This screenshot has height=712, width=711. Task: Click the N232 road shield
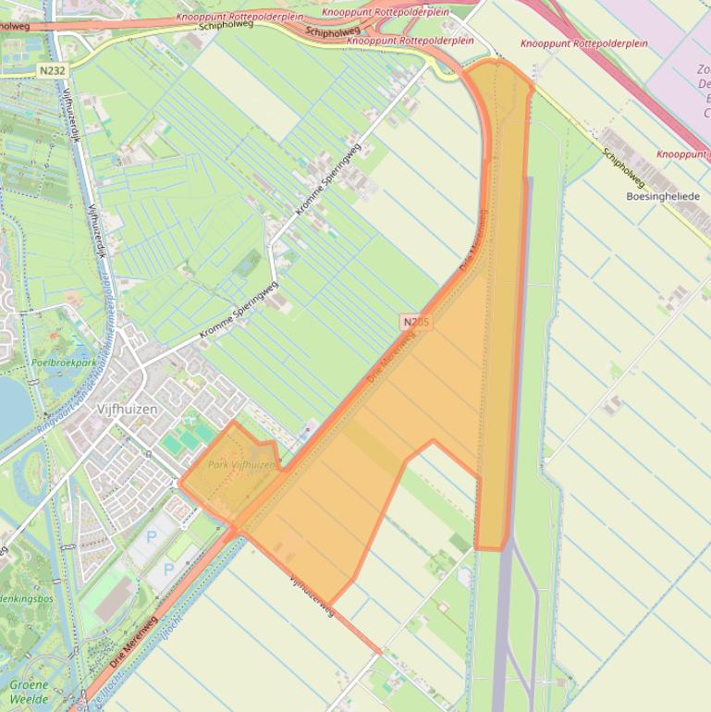pyautogui.click(x=54, y=69)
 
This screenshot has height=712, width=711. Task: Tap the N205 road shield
pyautogui.click(x=416, y=322)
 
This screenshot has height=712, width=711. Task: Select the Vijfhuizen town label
pyautogui.click(x=127, y=409)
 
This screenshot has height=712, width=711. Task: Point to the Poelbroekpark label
pyautogui.click(x=62, y=363)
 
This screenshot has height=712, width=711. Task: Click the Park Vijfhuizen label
pyautogui.click(x=241, y=464)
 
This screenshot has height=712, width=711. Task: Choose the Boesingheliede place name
pyautogui.click(x=663, y=196)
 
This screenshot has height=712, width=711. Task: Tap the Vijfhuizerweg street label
pyautogui.click(x=311, y=595)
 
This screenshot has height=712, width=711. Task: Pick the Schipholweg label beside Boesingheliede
pyautogui.click(x=622, y=168)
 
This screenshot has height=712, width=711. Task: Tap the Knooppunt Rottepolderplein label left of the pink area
pyautogui.click(x=583, y=43)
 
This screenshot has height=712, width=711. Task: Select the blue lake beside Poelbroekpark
pyautogui.click(x=11, y=407)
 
